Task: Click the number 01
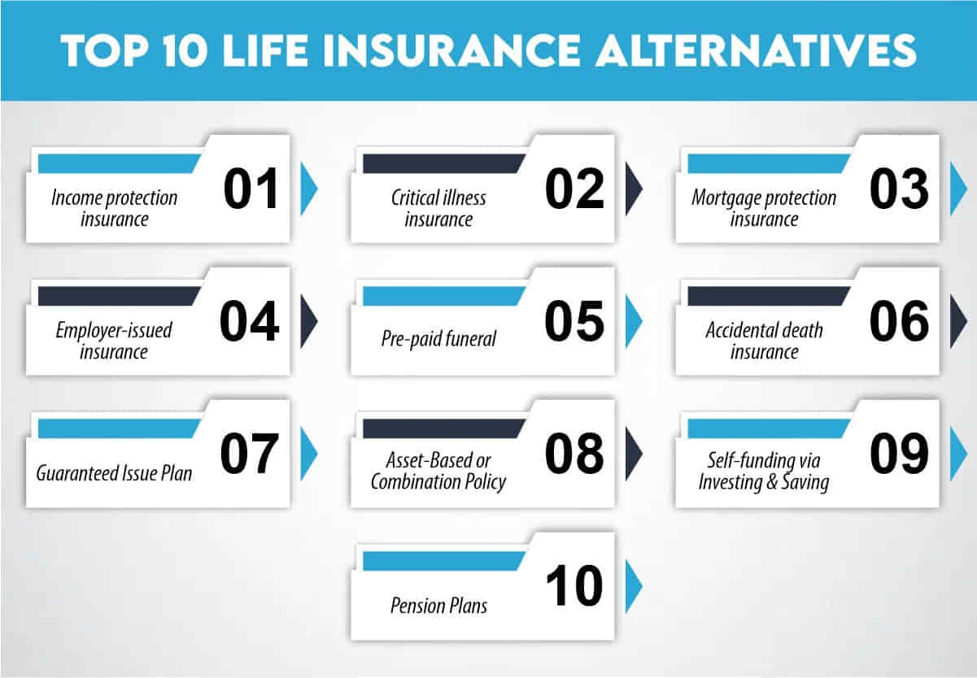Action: [251, 189]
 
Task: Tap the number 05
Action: [574, 321]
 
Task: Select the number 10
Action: [574, 586]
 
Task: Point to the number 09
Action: [899, 454]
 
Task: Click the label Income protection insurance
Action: [114, 208]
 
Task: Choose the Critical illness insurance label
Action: [438, 208]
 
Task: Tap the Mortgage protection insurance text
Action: [763, 208]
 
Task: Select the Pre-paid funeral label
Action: [438, 339]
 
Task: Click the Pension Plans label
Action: [438, 605]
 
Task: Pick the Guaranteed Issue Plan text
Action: [114, 472]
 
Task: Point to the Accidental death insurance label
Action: [763, 341]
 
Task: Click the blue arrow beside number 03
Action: [957, 189]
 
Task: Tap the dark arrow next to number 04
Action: [308, 321]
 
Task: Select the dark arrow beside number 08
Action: [633, 454]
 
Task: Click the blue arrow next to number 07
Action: [308, 454]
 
